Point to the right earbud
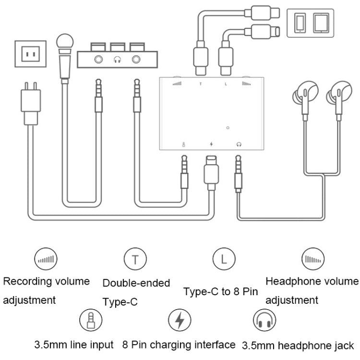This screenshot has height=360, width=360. (336, 93)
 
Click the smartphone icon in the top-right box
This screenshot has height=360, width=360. (300, 22)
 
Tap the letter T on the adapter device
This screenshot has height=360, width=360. (201, 84)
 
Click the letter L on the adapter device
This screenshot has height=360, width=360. (225, 84)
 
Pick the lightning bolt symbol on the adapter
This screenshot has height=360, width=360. (211, 144)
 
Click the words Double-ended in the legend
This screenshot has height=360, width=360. (136, 283)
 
